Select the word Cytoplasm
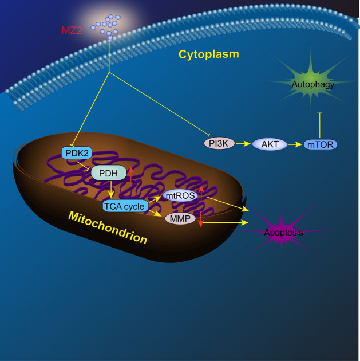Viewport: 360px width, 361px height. coord(208,54)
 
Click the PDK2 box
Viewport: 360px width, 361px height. coord(74,153)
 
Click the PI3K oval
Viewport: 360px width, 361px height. coord(219,143)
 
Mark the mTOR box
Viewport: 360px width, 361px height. coord(321,144)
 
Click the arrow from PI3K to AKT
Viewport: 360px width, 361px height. coord(243,144)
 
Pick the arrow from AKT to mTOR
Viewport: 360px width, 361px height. coord(294,144)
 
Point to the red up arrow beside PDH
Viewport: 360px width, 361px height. coord(131,172)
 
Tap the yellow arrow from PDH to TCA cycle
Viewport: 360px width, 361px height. coord(110,190)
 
